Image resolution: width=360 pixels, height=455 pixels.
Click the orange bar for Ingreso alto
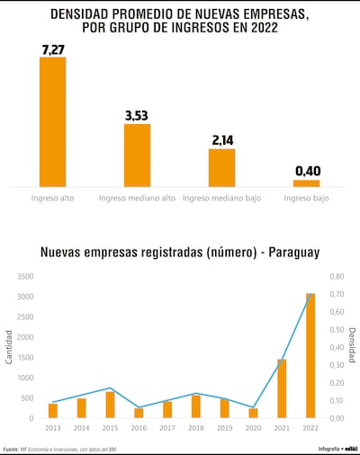[x=52, y=121]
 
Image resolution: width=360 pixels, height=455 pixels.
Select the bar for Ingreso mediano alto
[x=137, y=155]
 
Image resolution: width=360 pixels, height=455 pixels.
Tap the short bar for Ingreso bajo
[x=306, y=183]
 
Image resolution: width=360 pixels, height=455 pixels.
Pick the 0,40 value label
[x=307, y=171]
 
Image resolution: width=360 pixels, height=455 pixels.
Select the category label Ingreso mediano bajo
[x=221, y=198]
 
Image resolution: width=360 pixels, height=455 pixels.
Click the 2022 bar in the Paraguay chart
[x=310, y=355]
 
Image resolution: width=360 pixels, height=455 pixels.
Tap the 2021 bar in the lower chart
[x=282, y=388]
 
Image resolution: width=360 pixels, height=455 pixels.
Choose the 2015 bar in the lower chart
[x=110, y=405]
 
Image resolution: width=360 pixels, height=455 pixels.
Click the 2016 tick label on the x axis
[x=139, y=428]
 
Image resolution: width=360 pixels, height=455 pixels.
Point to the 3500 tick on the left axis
[x=25, y=277]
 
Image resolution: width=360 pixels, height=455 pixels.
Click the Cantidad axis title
[x=9, y=348]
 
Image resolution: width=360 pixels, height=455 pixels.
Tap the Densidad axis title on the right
[x=353, y=348]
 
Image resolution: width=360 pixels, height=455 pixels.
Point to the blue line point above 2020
[x=253, y=406]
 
